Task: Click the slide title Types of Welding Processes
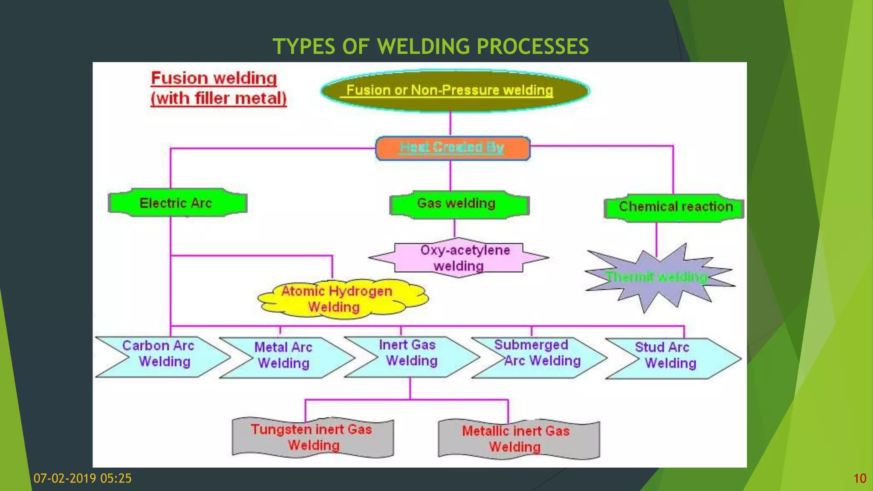pyautogui.click(x=431, y=46)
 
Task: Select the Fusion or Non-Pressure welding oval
pyautogui.click(x=454, y=90)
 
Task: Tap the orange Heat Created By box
pyautogui.click(x=452, y=148)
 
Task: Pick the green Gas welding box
pyautogui.click(x=459, y=204)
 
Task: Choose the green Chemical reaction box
pyautogui.click(x=675, y=208)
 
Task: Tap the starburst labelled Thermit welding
pyautogui.click(x=658, y=277)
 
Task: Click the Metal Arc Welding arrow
pyautogui.click(x=284, y=357)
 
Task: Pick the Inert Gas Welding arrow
pyautogui.click(x=410, y=356)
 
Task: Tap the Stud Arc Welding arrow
pyautogui.click(x=669, y=358)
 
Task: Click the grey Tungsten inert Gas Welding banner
pyautogui.click(x=313, y=438)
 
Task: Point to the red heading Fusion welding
pyautogui.click(x=214, y=78)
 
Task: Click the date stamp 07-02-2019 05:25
pyautogui.click(x=83, y=478)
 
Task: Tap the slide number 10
pyautogui.click(x=859, y=478)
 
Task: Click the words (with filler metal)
pyautogui.click(x=219, y=98)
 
